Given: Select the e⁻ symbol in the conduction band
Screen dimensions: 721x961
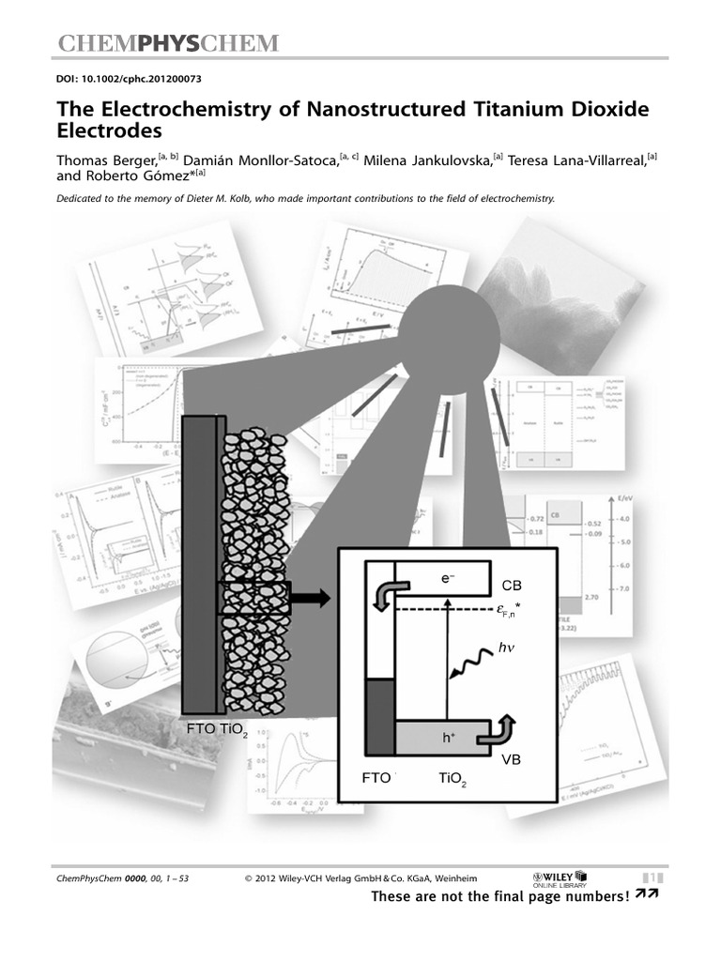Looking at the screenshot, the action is point(448,578).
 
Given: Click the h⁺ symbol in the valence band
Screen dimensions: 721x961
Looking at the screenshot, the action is point(449,738).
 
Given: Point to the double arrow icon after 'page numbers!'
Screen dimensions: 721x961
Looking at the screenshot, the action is point(646,895).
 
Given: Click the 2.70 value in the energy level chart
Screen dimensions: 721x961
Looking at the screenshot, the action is point(565,595).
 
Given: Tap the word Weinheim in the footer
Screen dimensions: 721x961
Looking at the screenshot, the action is point(449,878).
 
